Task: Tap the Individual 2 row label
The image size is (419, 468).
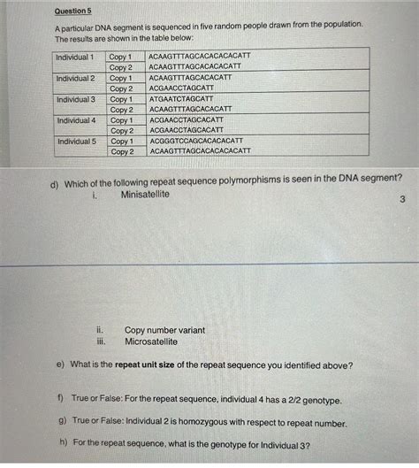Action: [x=75, y=79]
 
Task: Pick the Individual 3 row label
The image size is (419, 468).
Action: [x=75, y=100]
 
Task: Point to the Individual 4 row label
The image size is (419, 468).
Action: [x=75, y=120]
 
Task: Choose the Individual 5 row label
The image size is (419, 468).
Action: [x=75, y=142]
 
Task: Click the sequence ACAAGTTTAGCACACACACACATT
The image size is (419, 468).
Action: [x=200, y=58]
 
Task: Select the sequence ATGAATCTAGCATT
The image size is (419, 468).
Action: [x=181, y=99]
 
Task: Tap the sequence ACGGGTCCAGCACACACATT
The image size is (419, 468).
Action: [x=195, y=141]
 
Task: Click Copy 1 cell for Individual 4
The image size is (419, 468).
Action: [x=122, y=120]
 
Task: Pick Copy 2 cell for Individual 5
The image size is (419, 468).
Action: [x=122, y=152]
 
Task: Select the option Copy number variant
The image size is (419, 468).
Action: [x=164, y=330]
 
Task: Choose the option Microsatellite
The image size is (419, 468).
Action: [x=150, y=341]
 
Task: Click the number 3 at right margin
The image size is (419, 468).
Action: [x=402, y=200]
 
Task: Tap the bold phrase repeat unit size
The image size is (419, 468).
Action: [x=164, y=365]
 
